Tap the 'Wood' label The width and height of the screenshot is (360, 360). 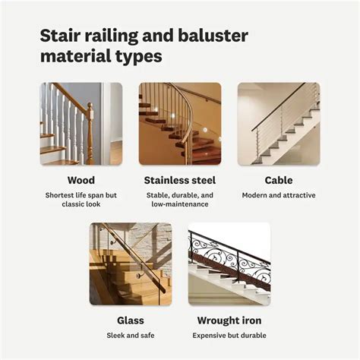[81, 180]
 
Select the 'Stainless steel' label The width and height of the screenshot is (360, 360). [180, 180]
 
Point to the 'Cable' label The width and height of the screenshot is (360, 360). [279, 180]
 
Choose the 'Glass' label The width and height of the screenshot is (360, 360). [131, 320]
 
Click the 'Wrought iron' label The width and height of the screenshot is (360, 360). [229, 320]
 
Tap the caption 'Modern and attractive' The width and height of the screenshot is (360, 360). [279, 195]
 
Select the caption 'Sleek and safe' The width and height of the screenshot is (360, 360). [131, 335]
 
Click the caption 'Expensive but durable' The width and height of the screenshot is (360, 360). [229, 335]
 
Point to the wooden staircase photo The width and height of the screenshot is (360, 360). [81, 124]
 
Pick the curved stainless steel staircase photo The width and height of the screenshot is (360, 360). [180, 124]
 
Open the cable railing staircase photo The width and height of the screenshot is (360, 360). [279, 124]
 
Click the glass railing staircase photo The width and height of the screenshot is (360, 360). [131, 264]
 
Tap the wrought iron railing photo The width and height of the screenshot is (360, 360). [229, 264]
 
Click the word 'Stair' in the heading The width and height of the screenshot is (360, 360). [59, 36]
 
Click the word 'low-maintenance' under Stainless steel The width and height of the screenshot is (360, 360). [180, 205]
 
